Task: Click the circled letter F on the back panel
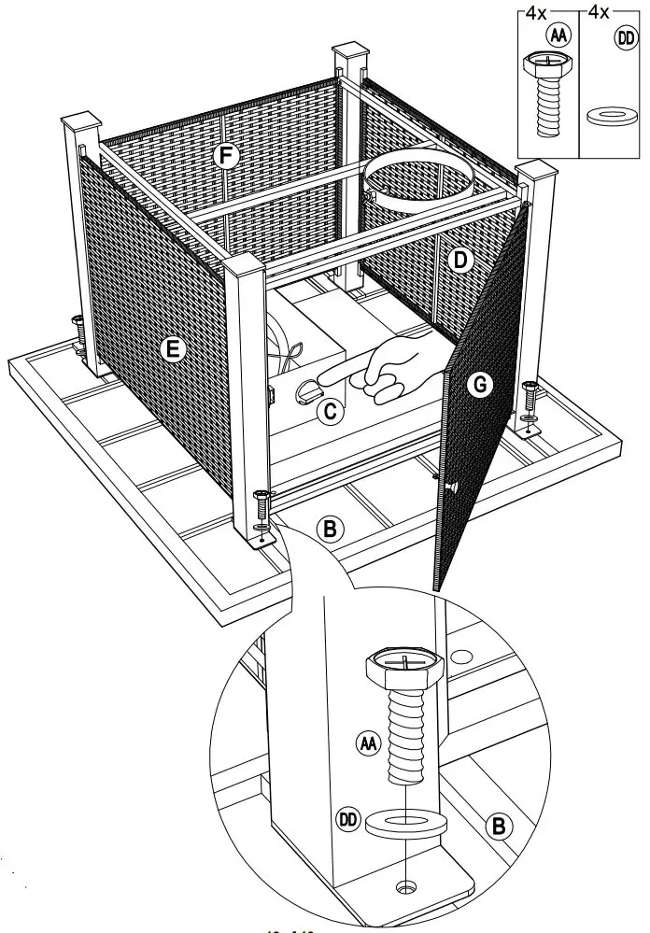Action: tap(224, 156)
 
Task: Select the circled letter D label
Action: tap(459, 262)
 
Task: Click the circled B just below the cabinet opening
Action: tap(328, 528)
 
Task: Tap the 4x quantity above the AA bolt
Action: tap(536, 14)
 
